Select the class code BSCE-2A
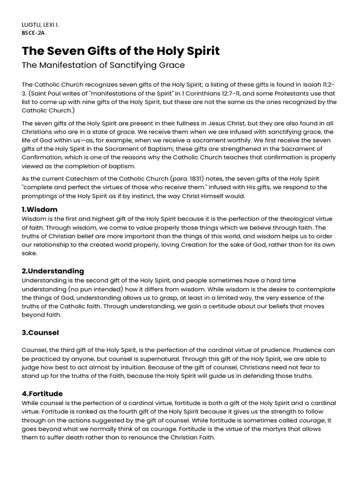(x=34, y=33)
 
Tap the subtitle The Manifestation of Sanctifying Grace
(x=103, y=65)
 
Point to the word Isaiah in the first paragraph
(x=315, y=84)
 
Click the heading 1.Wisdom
(x=40, y=209)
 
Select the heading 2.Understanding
(x=53, y=271)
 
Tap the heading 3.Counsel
(x=40, y=333)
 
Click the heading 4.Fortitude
(x=42, y=394)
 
